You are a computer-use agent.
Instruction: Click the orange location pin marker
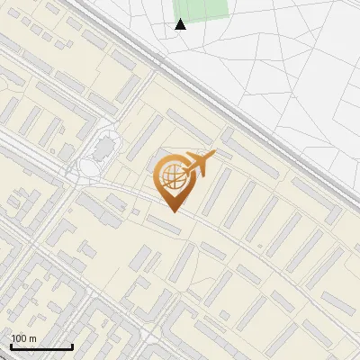point(174,180)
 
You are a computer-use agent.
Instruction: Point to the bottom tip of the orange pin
point(174,212)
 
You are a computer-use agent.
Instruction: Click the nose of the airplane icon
point(214,154)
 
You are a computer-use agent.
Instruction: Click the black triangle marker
point(181,24)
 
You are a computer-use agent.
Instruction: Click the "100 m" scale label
point(24,338)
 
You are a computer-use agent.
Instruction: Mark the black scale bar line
point(41,347)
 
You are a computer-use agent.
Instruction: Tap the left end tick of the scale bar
point(11,346)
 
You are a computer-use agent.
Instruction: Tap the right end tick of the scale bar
point(72,346)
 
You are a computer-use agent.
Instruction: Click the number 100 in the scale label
point(20,338)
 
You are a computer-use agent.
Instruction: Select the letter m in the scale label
point(33,338)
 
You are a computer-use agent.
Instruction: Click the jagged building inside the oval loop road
point(104,144)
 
